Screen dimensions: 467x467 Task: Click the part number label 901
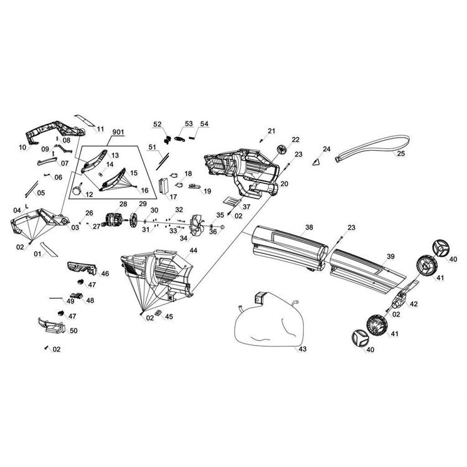(118, 132)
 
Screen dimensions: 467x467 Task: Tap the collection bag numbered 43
(269, 322)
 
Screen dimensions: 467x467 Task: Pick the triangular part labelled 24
(317, 162)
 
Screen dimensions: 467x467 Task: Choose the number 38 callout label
(309, 227)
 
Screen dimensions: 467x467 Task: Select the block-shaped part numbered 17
(164, 186)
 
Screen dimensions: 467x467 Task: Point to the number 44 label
(193, 250)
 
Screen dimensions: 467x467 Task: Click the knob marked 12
(78, 190)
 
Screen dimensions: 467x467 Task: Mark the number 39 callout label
(390, 257)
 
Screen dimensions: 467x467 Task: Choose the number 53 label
(189, 124)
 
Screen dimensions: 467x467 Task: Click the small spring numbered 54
(193, 138)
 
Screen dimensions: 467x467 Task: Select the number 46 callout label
(105, 273)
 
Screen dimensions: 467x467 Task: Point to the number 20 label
(285, 184)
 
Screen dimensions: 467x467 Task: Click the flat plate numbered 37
(232, 201)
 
